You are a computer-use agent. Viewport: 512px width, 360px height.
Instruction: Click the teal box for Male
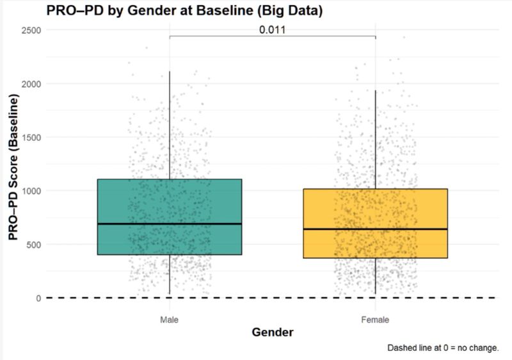(x=170, y=205)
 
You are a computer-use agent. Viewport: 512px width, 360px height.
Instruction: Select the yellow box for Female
(x=375, y=211)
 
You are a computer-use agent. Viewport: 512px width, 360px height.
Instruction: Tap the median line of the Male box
(x=170, y=224)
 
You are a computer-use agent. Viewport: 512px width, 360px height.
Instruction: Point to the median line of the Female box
(x=375, y=229)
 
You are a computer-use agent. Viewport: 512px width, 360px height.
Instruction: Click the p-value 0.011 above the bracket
(x=272, y=29)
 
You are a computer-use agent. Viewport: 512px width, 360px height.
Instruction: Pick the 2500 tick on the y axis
(x=30, y=30)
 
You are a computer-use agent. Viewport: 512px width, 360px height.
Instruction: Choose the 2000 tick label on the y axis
(x=30, y=84)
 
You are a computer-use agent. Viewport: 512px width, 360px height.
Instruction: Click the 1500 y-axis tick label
(x=30, y=137)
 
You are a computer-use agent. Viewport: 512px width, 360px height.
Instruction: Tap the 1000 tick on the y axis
(x=30, y=191)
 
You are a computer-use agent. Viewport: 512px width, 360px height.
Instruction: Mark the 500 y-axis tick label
(x=33, y=244)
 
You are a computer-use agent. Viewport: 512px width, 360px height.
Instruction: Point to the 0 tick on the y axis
(x=38, y=298)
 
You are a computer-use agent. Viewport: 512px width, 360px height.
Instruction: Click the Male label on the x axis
(x=170, y=318)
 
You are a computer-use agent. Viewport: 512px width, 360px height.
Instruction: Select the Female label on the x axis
(x=375, y=318)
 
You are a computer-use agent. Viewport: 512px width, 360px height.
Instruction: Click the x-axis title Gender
(x=272, y=333)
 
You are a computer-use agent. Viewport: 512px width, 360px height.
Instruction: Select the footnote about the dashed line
(x=442, y=348)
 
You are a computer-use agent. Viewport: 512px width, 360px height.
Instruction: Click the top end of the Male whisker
(x=170, y=72)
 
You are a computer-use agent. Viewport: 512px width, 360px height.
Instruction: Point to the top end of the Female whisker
(x=375, y=90)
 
